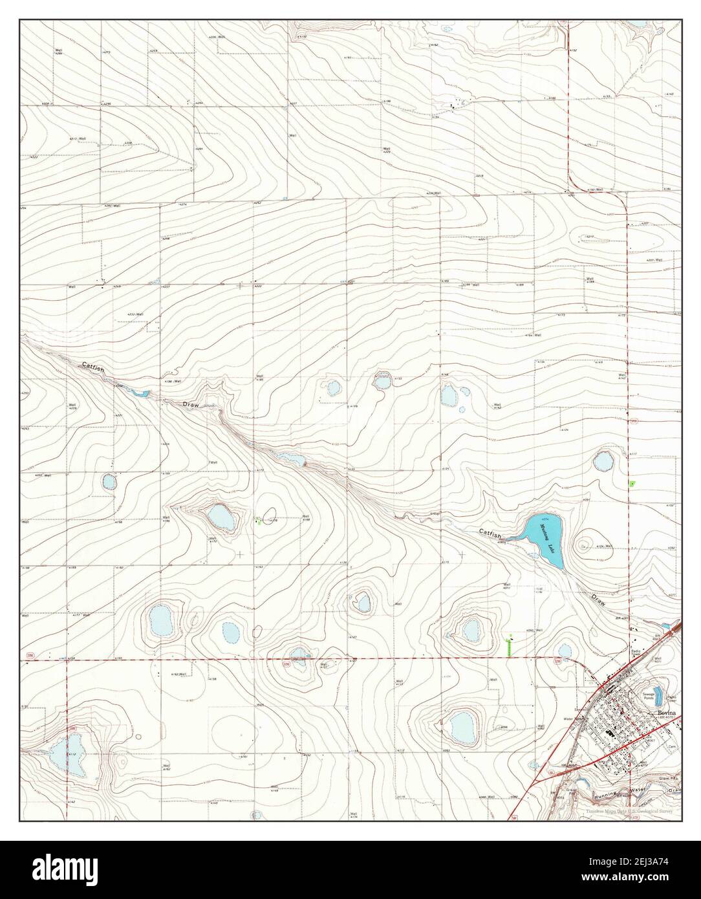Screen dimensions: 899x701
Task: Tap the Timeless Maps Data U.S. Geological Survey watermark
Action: (631, 811)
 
